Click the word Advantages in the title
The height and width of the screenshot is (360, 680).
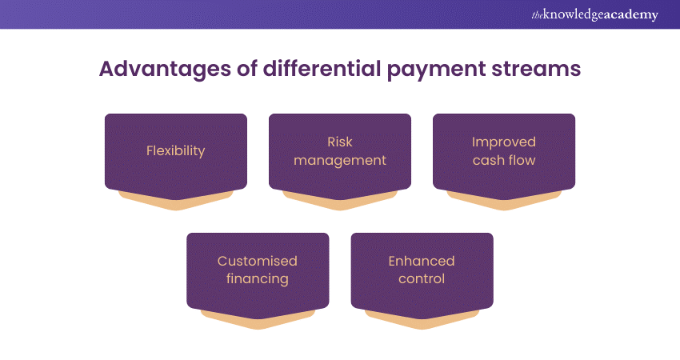click(x=165, y=70)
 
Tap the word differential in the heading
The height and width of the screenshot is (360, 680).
click(x=322, y=69)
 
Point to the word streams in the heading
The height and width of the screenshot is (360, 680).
click(x=536, y=70)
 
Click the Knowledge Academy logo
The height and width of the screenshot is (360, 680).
click(x=594, y=14)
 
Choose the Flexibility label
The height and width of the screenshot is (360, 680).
click(x=176, y=151)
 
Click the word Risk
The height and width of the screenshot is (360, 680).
click(x=340, y=142)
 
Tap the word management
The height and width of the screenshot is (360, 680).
click(x=340, y=161)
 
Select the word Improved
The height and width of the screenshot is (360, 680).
click(x=504, y=142)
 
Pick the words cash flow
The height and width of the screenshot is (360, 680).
click(x=504, y=160)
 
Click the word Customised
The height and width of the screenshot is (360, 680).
click(x=258, y=261)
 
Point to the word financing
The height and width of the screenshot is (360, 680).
click(x=258, y=279)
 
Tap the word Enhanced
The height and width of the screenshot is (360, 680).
click(x=422, y=261)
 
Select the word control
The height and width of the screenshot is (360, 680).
click(x=422, y=278)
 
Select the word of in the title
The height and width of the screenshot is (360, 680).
click(x=247, y=69)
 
